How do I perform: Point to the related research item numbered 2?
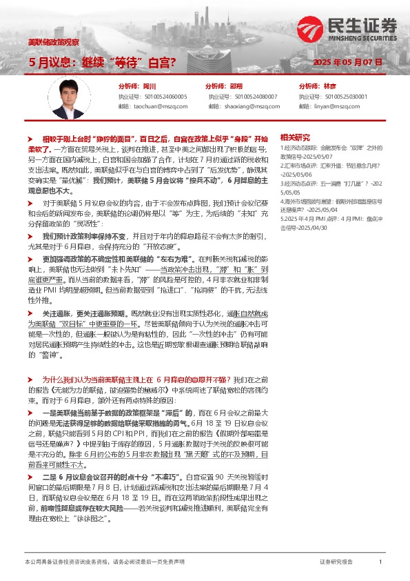point(331,169)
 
